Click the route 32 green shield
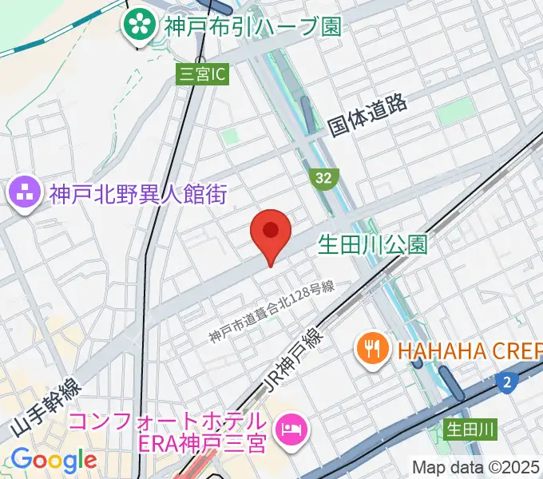coord(323,178)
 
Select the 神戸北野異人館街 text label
coord(138,193)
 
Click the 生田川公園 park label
coord(373,243)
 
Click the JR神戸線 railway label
coord(291,362)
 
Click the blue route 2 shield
coord(505,384)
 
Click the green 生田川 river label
coord(470,430)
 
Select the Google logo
coord(54,460)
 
